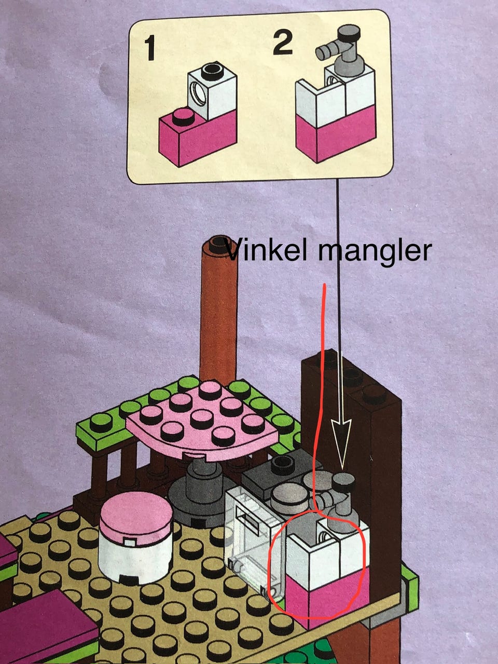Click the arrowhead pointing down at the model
point(341,441)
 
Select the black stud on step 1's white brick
point(211,69)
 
